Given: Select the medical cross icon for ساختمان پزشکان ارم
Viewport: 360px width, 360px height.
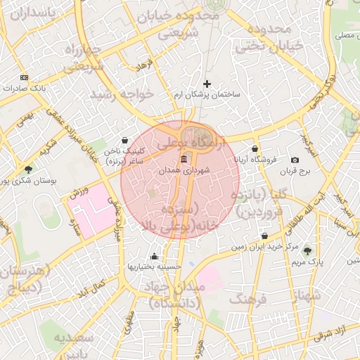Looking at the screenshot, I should pyautogui.click(x=207, y=84).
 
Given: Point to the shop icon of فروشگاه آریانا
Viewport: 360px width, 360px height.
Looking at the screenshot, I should pyautogui.click(x=255, y=149).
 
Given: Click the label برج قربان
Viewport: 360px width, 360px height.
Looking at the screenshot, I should pyautogui.click(x=295, y=172).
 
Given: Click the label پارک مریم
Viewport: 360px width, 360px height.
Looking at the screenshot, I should pyautogui.click(x=306, y=262).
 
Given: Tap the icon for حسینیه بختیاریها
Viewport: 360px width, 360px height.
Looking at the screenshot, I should pyautogui.click(x=154, y=256).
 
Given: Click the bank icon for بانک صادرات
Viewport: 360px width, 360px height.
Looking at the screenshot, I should pyautogui.click(x=25, y=77).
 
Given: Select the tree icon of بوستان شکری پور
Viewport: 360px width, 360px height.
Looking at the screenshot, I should pyautogui.click(x=28, y=169).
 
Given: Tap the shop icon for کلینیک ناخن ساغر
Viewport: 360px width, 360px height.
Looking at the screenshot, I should pyautogui.click(x=124, y=140).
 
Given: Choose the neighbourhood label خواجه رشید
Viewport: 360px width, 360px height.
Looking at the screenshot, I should pyautogui.click(x=112, y=94).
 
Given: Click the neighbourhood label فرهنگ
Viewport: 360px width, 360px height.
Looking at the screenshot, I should pyautogui.click(x=244, y=300).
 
